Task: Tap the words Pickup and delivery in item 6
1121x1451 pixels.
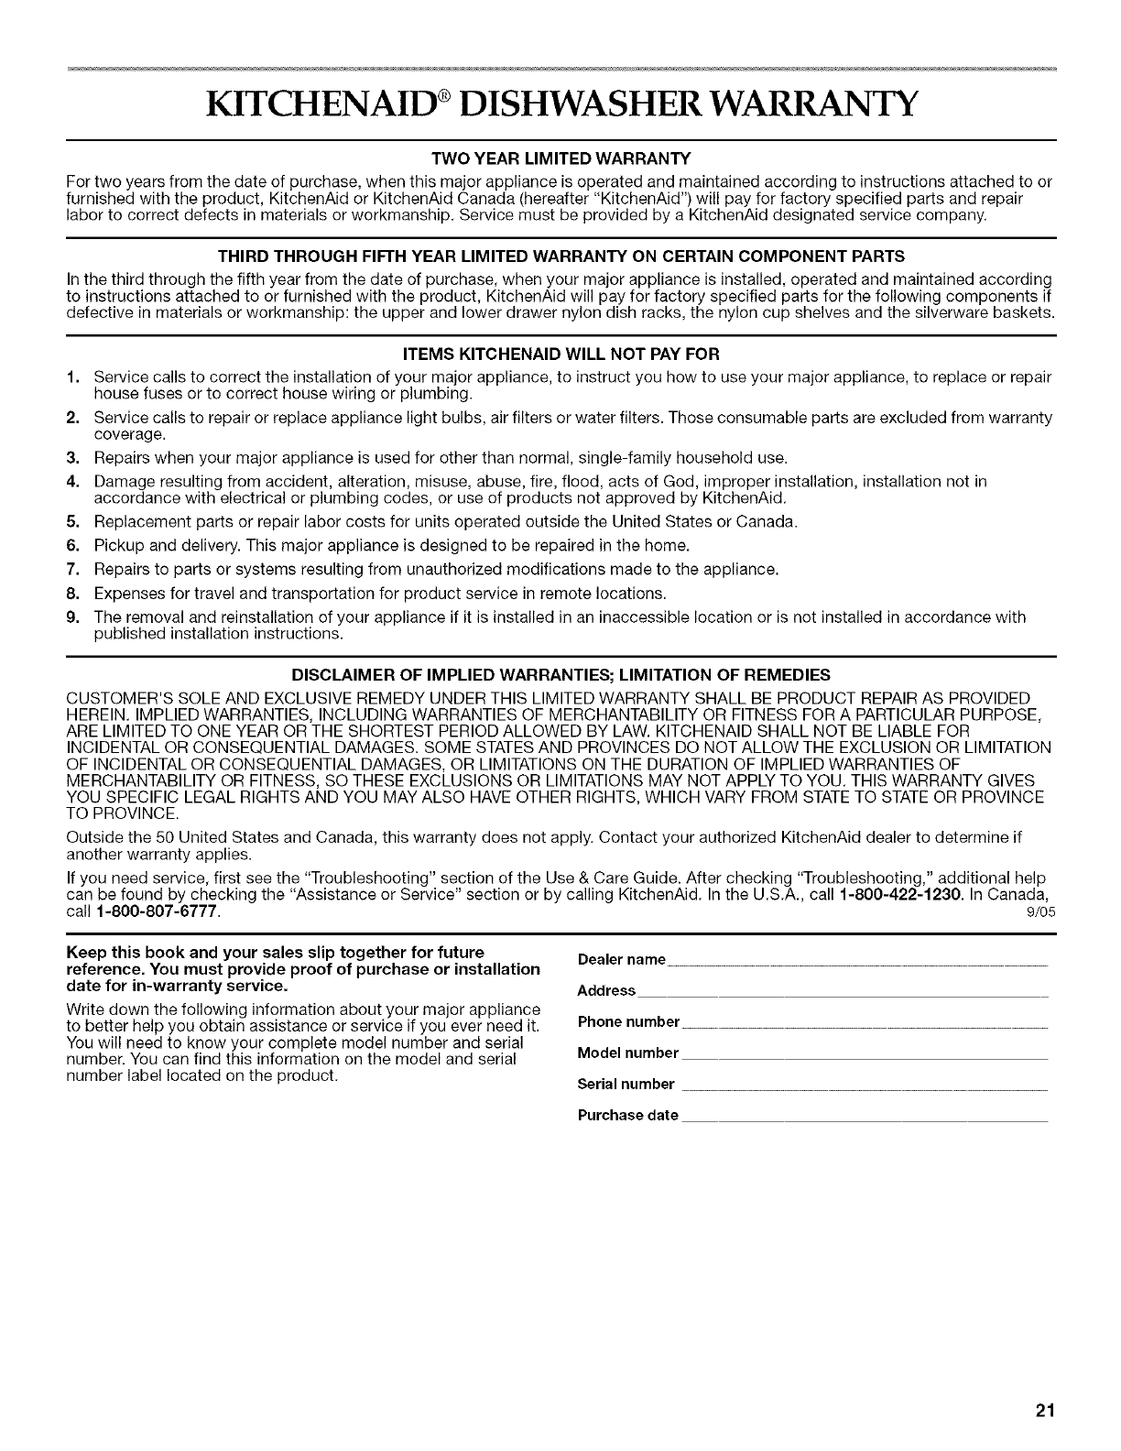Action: coord(149,546)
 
